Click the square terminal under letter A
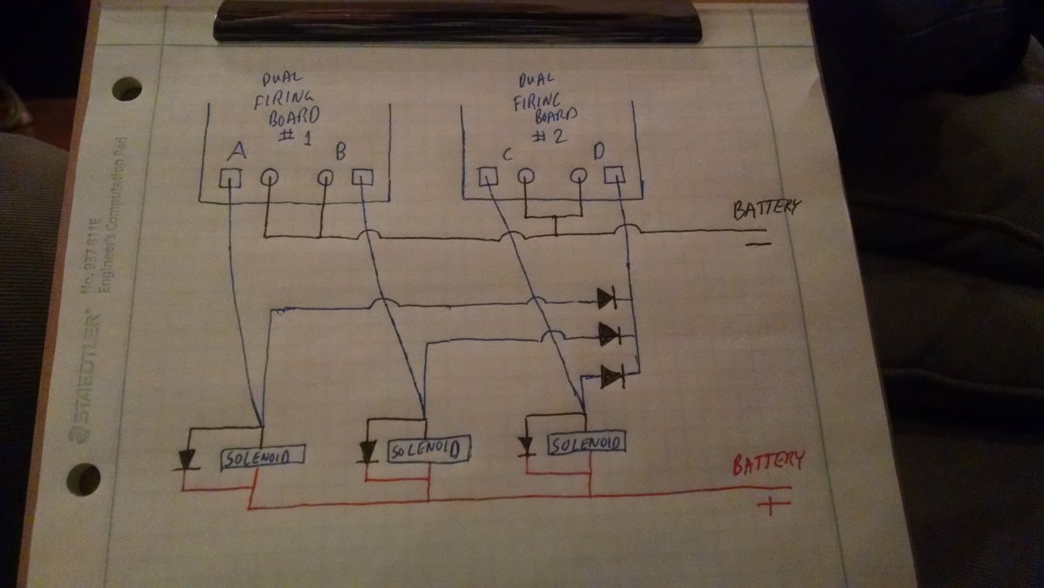[x=229, y=179]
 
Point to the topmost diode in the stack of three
[x=607, y=299]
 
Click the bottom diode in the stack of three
[x=612, y=376]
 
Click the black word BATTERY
[x=765, y=208]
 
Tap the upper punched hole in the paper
[x=126, y=89]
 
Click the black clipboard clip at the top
[x=457, y=21]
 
